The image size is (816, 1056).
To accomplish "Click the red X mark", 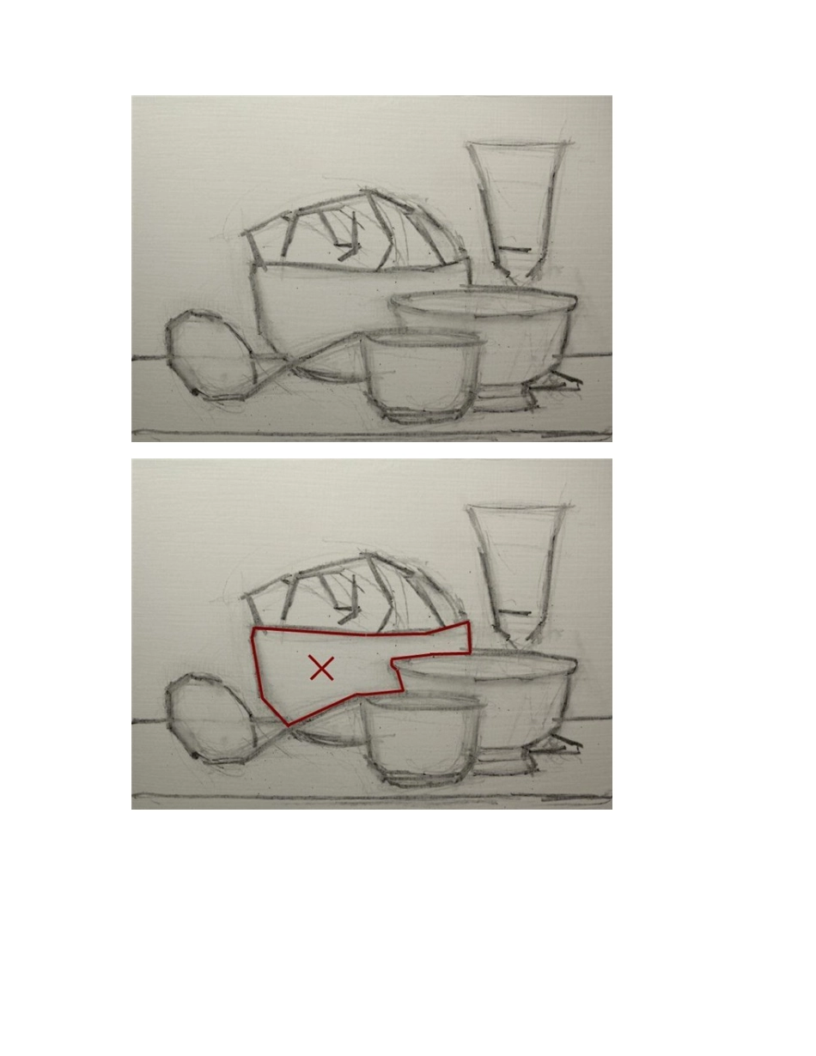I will point(321,668).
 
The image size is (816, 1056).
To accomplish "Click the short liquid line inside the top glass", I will point(515,250).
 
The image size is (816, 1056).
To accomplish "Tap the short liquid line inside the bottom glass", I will point(515,612).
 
